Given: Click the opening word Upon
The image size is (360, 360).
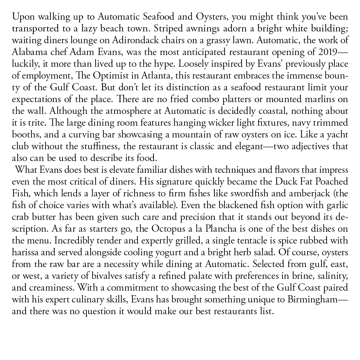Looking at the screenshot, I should [x=20, y=17].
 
